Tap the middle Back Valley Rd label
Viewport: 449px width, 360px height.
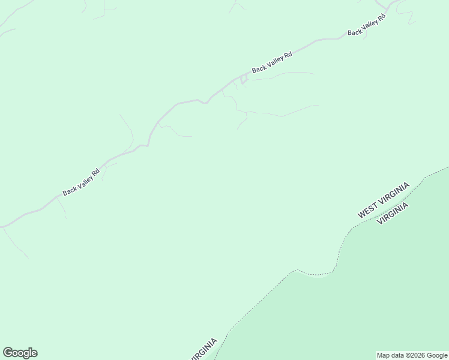(x=272, y=62)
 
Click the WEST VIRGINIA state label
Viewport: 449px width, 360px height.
(x=384, y=200)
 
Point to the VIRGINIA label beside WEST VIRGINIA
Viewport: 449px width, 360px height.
(x=393, y=213)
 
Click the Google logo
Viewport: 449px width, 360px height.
(x=20, y=353)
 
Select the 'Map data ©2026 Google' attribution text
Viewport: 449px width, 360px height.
(x=412, y=355)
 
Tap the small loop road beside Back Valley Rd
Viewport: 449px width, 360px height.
(x=244, y=79)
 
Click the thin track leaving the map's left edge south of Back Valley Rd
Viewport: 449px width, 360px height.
(x=14, y=243)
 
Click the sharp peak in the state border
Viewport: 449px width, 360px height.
(x=295, y=270)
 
